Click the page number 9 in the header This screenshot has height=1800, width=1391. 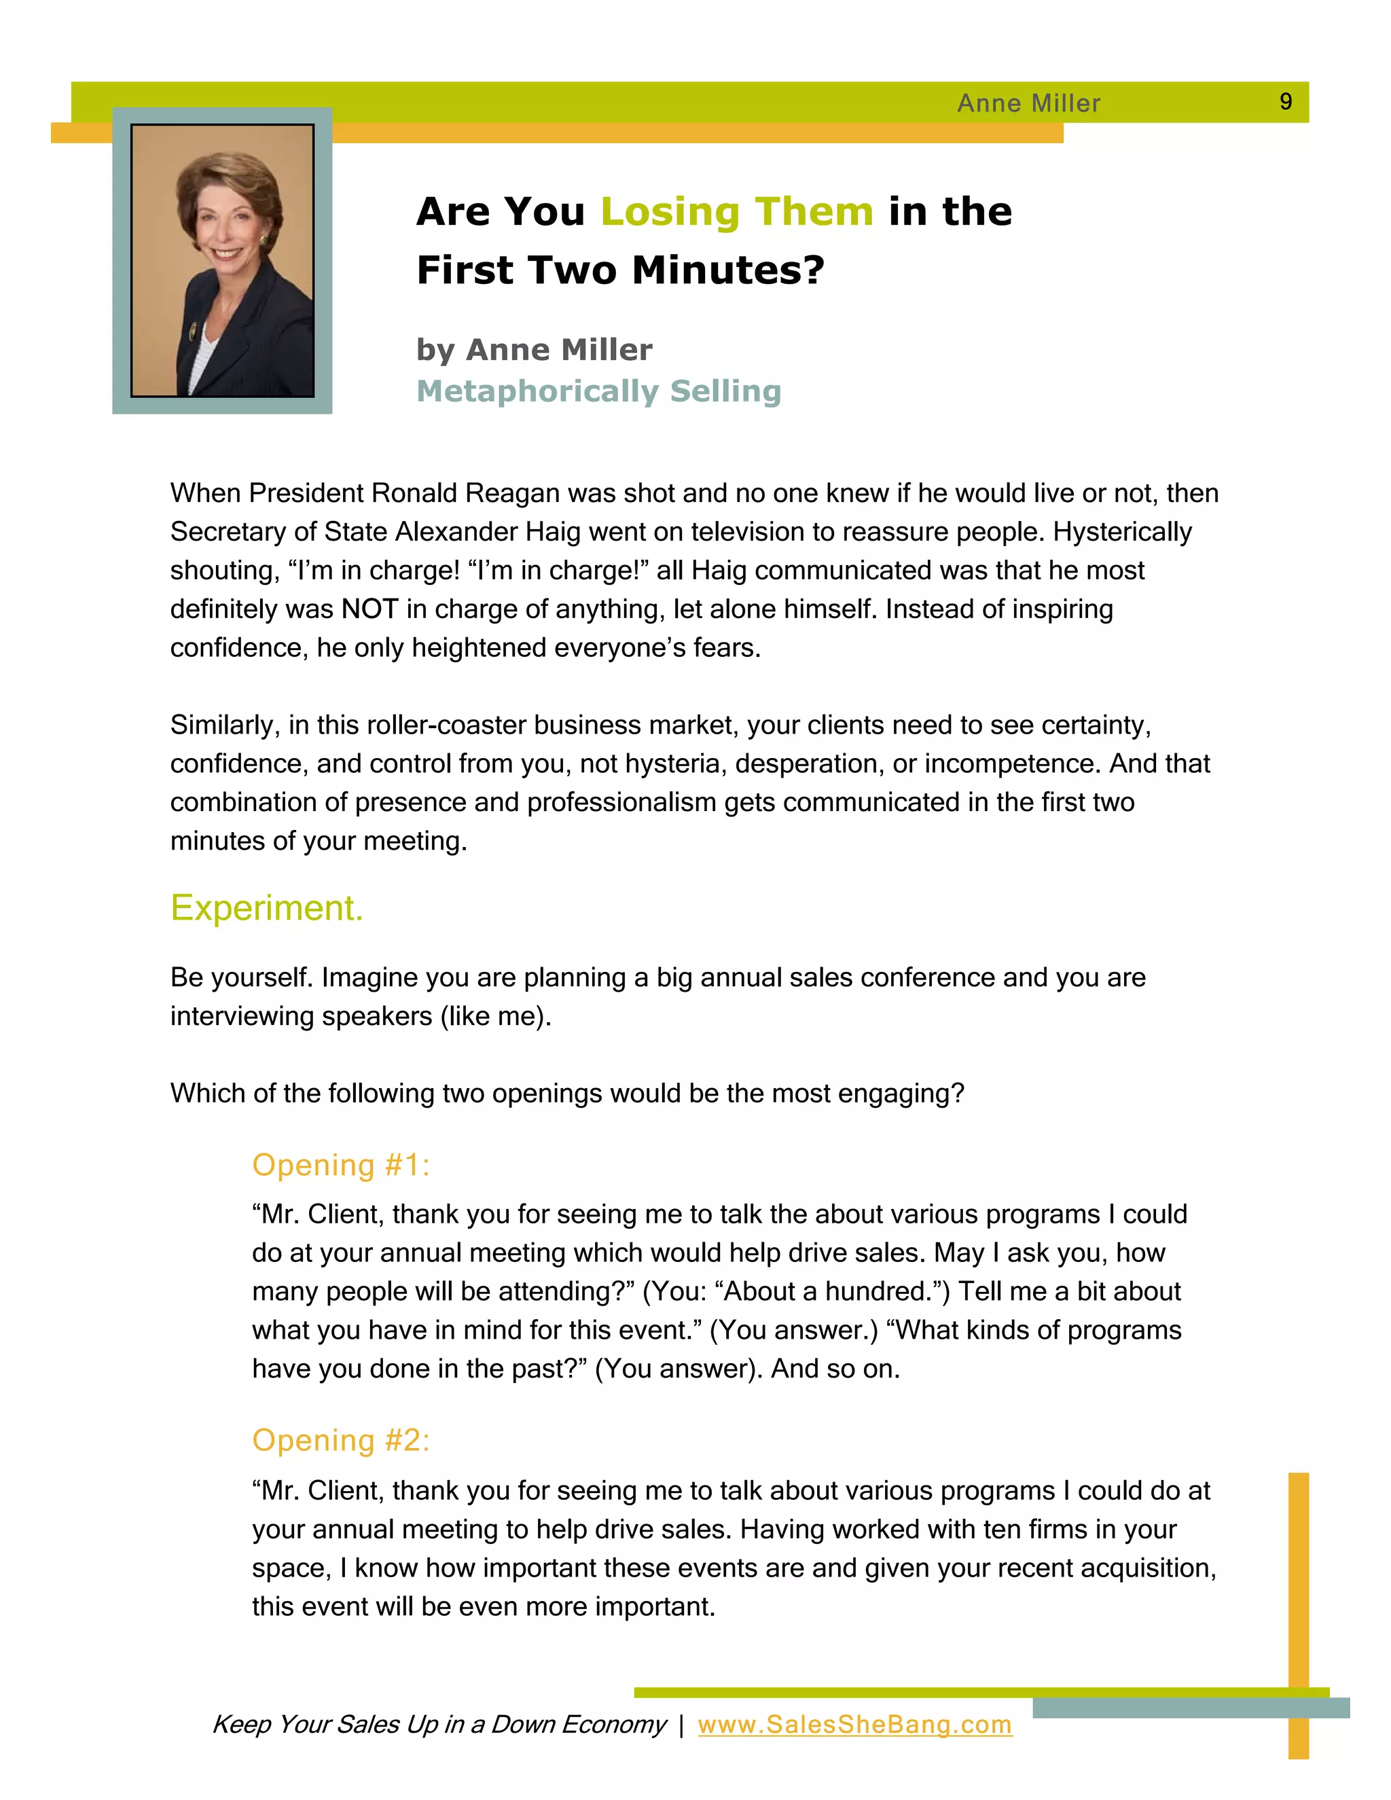coord(1284,101)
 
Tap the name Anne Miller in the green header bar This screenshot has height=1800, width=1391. coord(1028,103)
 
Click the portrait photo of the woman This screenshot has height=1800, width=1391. coord(223,260)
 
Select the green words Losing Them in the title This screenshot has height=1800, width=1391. coord(737,211)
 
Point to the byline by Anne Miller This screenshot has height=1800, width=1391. coord(534,349)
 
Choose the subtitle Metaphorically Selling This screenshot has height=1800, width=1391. coord(598,391)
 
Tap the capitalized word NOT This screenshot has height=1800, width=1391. coord(370,609)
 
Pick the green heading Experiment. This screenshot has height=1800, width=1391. coord(266,907)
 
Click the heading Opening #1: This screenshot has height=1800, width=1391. coord(340,1164)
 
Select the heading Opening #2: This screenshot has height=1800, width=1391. coord(340,1440)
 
